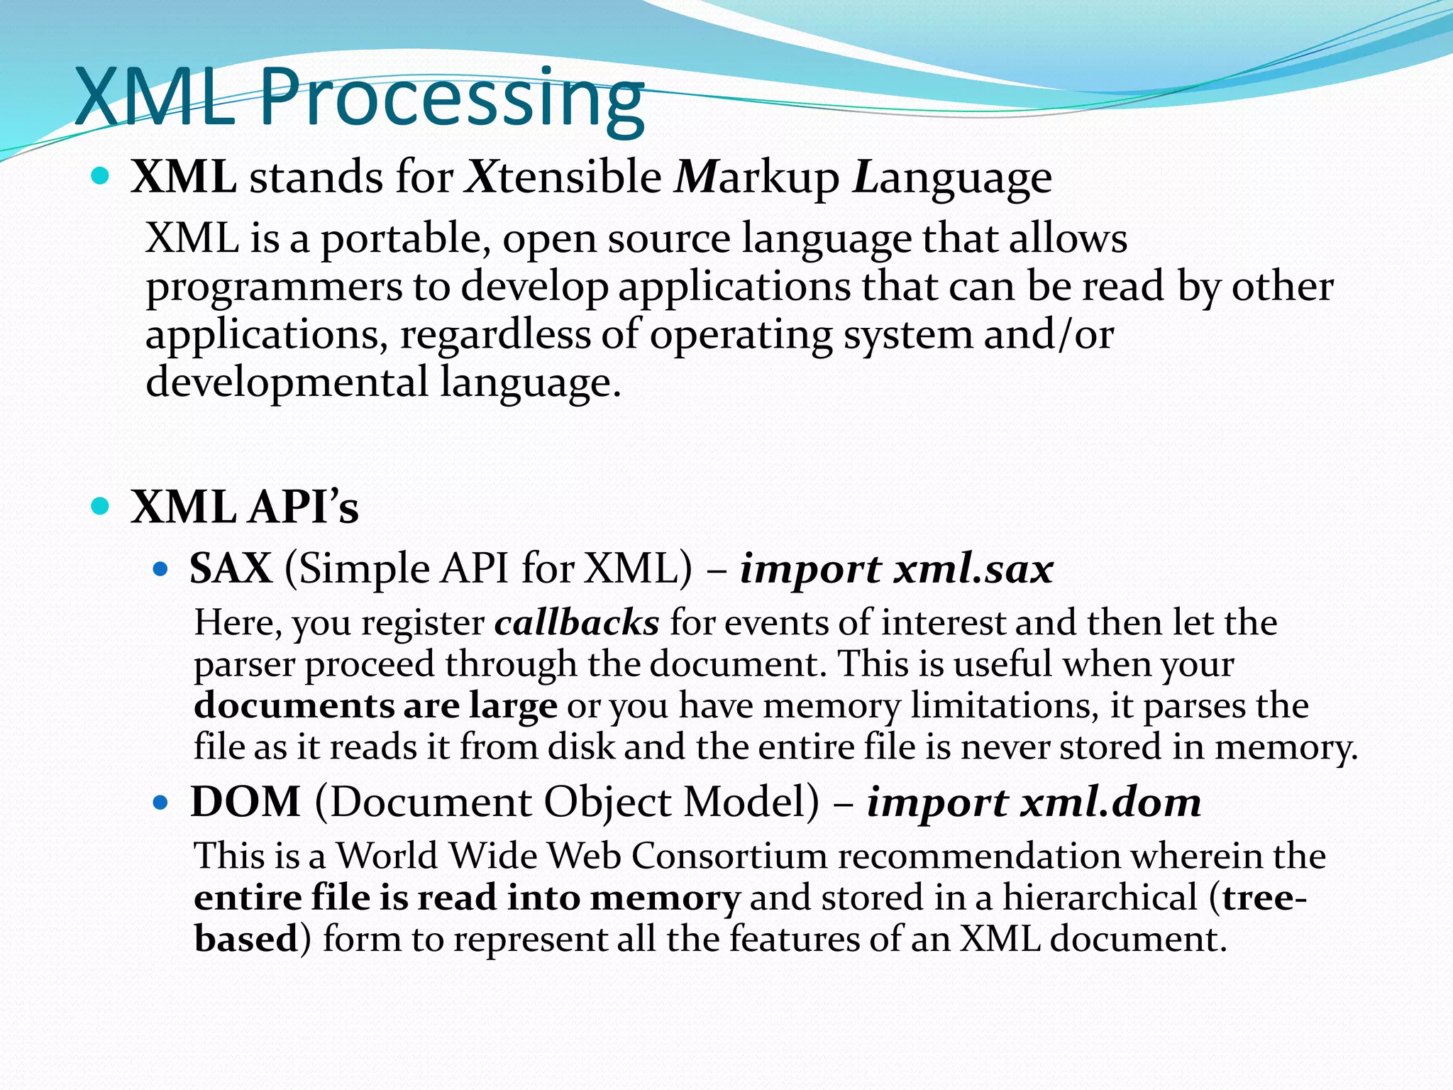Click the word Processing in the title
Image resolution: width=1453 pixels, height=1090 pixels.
[451, 99]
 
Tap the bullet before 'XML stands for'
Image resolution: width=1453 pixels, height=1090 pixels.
[101, 175]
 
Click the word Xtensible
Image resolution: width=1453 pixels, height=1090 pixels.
[563, 177]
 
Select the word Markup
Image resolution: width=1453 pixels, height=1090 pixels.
[756, 178]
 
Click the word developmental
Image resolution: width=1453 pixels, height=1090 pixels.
[287, 382]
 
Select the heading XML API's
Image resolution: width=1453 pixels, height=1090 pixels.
[245, 507]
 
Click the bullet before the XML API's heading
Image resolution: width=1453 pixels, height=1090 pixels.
[101, 506]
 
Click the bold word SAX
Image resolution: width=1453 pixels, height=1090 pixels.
[231, 568]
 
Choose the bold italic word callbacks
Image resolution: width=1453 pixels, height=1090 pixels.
[577, 623]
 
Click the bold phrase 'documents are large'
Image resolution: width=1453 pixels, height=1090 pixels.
[375, 706]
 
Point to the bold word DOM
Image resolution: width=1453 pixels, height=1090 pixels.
[245, 802]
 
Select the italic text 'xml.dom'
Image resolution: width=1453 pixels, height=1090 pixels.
[1111, 803]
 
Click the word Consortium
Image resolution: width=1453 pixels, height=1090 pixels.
[729, 856]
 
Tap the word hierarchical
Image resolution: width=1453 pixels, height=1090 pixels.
[1100, 898]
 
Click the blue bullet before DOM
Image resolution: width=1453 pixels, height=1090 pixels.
[160, 803]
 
